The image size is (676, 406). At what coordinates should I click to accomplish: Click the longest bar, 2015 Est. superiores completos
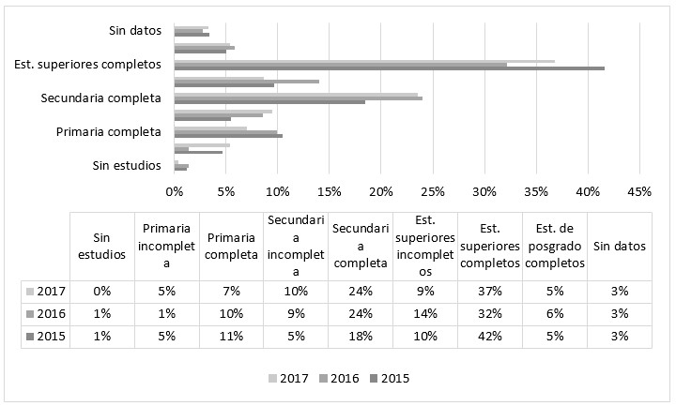389,68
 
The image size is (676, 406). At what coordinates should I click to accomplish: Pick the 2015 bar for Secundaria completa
269,102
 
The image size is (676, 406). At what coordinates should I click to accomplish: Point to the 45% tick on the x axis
638,191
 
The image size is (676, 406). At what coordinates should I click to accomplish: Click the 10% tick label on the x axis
277,191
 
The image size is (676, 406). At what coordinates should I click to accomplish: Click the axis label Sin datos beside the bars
134,31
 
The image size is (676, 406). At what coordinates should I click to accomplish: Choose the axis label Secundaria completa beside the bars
100,98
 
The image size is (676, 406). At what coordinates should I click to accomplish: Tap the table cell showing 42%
489,336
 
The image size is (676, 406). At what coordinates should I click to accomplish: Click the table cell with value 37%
489,291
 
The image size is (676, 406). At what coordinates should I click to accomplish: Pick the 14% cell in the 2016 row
424,313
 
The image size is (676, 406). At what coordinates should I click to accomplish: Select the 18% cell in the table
360,336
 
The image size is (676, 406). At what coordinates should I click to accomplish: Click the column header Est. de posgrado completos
554,246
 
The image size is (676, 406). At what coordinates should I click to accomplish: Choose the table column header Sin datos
619,246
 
